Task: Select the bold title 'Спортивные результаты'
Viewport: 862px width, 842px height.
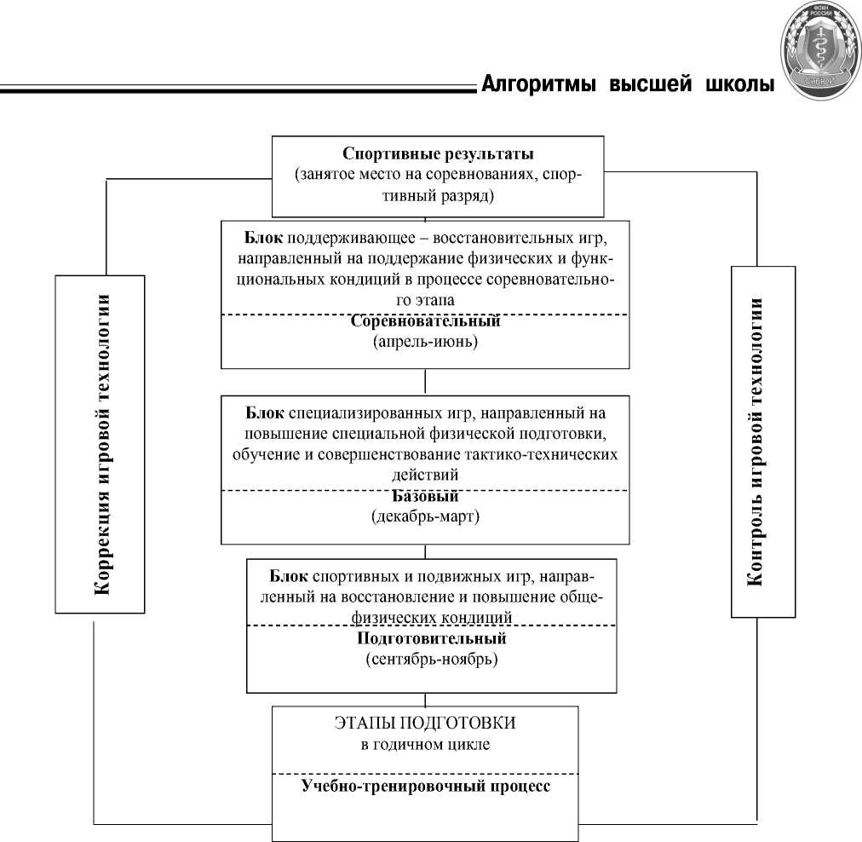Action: (438, 154)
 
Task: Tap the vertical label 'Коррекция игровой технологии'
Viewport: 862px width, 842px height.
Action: (101, 443)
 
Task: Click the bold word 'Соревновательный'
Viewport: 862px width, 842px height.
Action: (425, 322)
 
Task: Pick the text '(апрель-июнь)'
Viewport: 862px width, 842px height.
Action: (425, 343)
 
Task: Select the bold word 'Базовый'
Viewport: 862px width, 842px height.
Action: (425, 496)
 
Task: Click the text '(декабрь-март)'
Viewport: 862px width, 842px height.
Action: (425, 516)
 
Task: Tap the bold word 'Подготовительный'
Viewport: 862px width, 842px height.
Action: (431, 637)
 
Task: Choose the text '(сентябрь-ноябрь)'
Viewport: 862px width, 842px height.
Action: (431, 659)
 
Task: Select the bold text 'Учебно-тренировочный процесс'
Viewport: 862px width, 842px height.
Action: (425, 786)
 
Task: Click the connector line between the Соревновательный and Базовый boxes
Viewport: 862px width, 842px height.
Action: (425, 381)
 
